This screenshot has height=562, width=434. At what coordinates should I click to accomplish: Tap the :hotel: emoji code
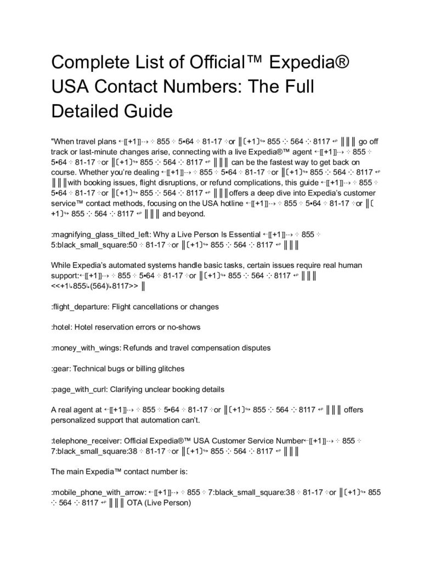63,327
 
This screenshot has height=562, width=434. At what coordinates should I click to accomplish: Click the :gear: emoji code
61,368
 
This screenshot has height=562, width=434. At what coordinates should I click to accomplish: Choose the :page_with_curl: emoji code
80,389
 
